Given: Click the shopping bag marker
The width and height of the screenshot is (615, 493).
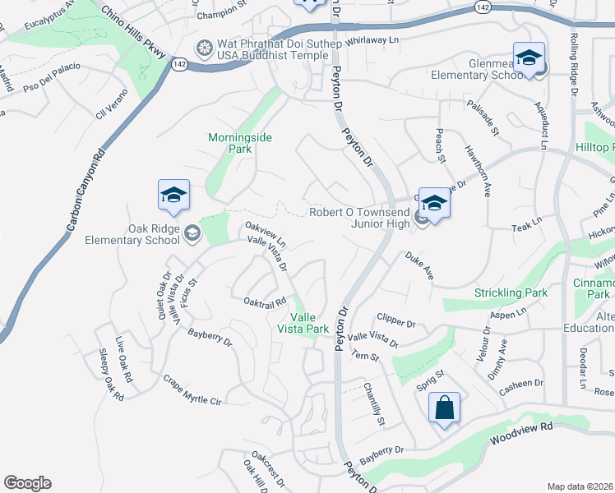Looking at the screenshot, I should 444,408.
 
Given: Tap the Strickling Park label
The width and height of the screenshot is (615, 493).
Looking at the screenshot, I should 511,293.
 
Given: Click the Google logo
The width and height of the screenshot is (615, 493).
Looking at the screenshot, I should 27,483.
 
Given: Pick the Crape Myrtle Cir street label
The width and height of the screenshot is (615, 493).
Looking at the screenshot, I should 193,390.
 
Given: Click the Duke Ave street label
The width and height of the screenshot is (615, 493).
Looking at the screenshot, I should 418,266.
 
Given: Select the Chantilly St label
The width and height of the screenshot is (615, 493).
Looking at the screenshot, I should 376,406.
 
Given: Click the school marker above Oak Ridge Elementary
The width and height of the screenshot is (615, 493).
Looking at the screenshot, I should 173,196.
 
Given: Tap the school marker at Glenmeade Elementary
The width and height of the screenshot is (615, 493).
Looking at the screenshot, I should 529,58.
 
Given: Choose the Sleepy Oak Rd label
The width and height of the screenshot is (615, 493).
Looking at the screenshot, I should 110,375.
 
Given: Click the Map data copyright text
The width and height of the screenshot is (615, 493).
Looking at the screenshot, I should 580,486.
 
